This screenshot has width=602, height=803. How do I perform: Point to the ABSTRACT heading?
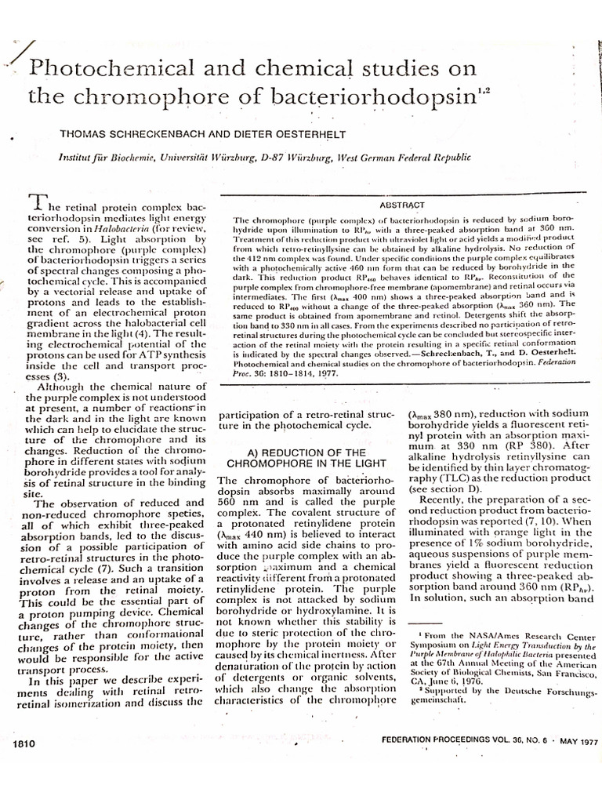[x=402, y=204]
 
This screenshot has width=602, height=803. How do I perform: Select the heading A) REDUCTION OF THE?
[x=295, y=453]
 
